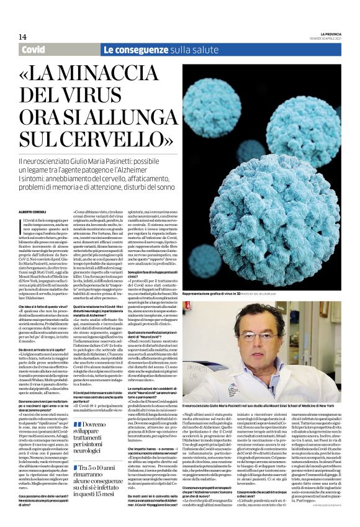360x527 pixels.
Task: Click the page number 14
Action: [x=22, y=36]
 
